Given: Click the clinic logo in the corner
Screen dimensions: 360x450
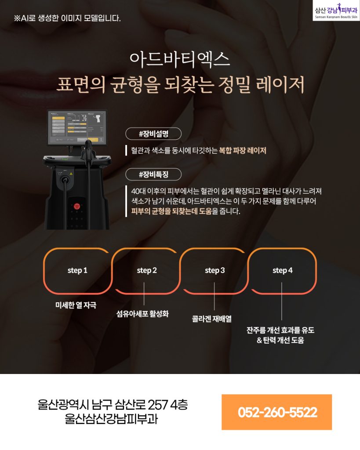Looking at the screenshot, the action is pyautogui.click(x=336, y=11).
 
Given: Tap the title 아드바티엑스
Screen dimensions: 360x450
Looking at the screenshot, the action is pyautogui.click(x=180, y=59).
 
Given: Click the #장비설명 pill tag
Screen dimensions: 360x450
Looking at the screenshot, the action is pyautogui.click(x=153, y=134).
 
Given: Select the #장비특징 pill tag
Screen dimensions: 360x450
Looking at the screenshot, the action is pyautogui.click(x=153, y=174).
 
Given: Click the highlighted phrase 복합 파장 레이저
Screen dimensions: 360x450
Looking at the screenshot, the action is pyautogui.click(x=243, y=150).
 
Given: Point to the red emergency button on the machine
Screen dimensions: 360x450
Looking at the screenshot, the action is pyautogui.click(x=76, y=206).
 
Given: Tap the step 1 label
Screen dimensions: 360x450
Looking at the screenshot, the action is pyautogui.click(x=77, y=270).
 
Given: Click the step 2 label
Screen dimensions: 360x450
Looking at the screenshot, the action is pyautogui.click(x=147, y=270).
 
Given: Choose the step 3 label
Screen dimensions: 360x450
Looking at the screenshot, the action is pyautogui.click(x=215, y=270).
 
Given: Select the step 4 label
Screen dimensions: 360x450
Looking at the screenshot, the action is pyautogui.click(x=283, y=270).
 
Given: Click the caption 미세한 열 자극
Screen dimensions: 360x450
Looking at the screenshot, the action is pyautogui.click(x=76, y=305).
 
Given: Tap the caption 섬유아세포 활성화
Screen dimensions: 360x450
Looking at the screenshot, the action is pyautogui.click(x=142, y=314).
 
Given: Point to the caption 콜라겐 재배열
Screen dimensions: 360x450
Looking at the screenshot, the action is pyautogui.click(x=212, y=319).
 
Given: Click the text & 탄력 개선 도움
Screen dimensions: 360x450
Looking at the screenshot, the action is pyautogui.click(x=280, y=341).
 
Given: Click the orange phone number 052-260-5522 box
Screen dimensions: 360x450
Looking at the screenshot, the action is pyautogui.click(x=277, y=412).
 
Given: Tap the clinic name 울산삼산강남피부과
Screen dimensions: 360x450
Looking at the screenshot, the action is pyautogui.click(x=111, y=419).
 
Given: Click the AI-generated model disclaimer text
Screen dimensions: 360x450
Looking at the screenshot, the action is pyautogui.click(x=67, y=18).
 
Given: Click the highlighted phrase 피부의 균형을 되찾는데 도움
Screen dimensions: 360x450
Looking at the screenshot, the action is pyautogui.click(x=171, y=211).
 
